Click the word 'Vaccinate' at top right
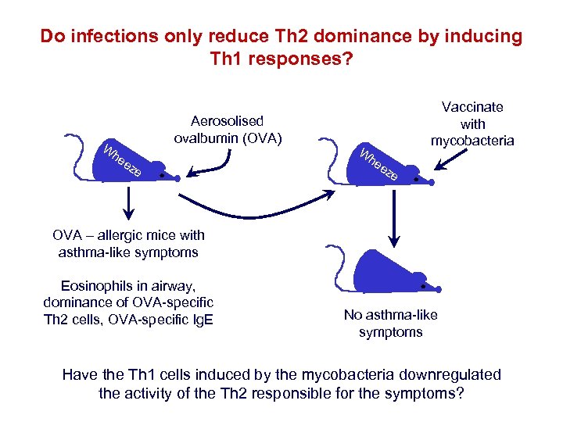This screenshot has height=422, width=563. [472, 107]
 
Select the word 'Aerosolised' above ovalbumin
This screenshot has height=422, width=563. [227, 121]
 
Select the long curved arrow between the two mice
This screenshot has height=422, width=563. [258, 205]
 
